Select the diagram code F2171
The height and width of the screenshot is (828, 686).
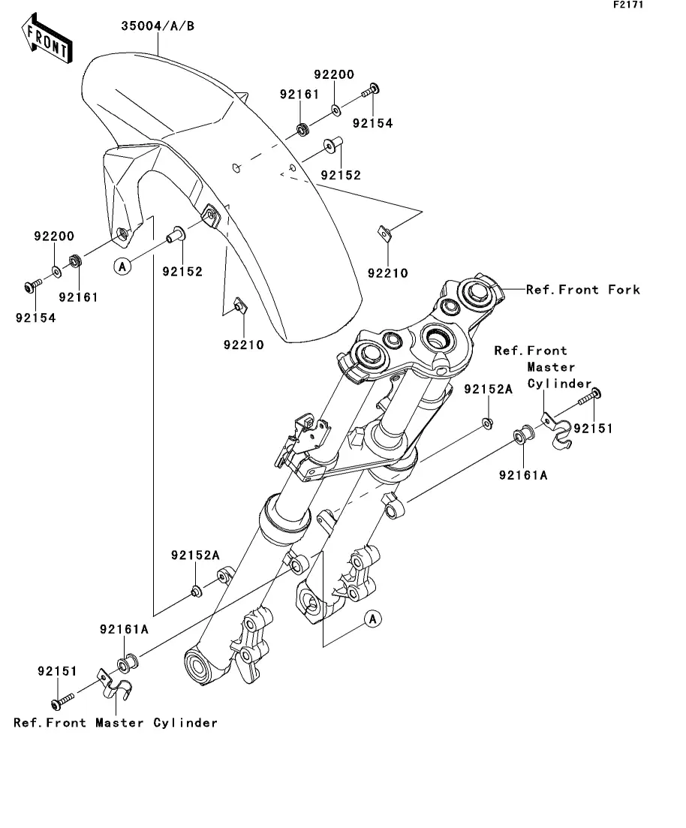628,5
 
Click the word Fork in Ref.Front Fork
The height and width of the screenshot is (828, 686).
624,290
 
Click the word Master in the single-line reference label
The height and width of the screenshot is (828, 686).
120,723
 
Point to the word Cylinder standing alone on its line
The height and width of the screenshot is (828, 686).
560,384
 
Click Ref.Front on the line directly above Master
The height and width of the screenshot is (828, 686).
530,351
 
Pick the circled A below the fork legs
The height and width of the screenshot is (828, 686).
372,619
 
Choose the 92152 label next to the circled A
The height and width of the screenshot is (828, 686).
182,272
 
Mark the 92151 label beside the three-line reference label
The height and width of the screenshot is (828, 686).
593,429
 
